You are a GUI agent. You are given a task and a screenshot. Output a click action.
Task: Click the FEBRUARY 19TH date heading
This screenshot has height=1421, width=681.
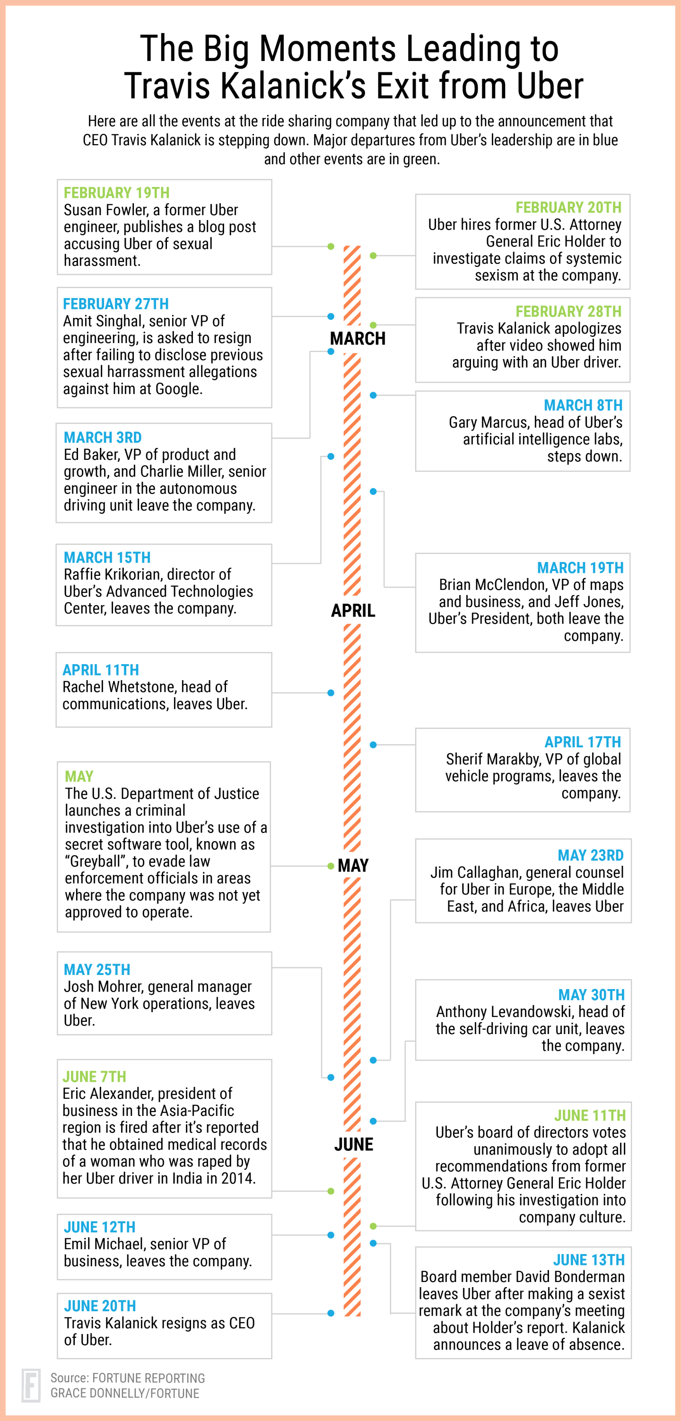pos(116,193)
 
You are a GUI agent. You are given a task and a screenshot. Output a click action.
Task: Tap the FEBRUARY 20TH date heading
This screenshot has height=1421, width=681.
pos(568,207)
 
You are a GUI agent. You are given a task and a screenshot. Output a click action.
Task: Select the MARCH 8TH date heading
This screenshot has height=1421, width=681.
pos(583,405)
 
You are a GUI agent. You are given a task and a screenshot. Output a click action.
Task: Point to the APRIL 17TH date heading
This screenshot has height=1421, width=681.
pos(582,742)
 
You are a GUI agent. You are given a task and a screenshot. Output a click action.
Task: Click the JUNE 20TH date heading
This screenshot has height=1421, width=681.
pos(100,1306)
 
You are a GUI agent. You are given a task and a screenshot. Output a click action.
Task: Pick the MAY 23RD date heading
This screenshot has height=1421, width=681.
pos(590,855)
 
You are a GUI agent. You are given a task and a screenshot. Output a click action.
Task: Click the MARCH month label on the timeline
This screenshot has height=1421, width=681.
pos(358,339)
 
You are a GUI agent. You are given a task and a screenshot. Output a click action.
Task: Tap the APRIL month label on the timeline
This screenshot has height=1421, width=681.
pos(353,611)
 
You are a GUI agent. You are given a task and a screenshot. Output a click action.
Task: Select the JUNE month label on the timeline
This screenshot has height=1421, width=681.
pos(353,1145)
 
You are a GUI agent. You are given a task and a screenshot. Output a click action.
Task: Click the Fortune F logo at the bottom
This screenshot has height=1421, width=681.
pos(31,1385)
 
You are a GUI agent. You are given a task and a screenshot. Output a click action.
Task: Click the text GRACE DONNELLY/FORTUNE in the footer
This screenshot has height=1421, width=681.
pos(125,1394)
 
